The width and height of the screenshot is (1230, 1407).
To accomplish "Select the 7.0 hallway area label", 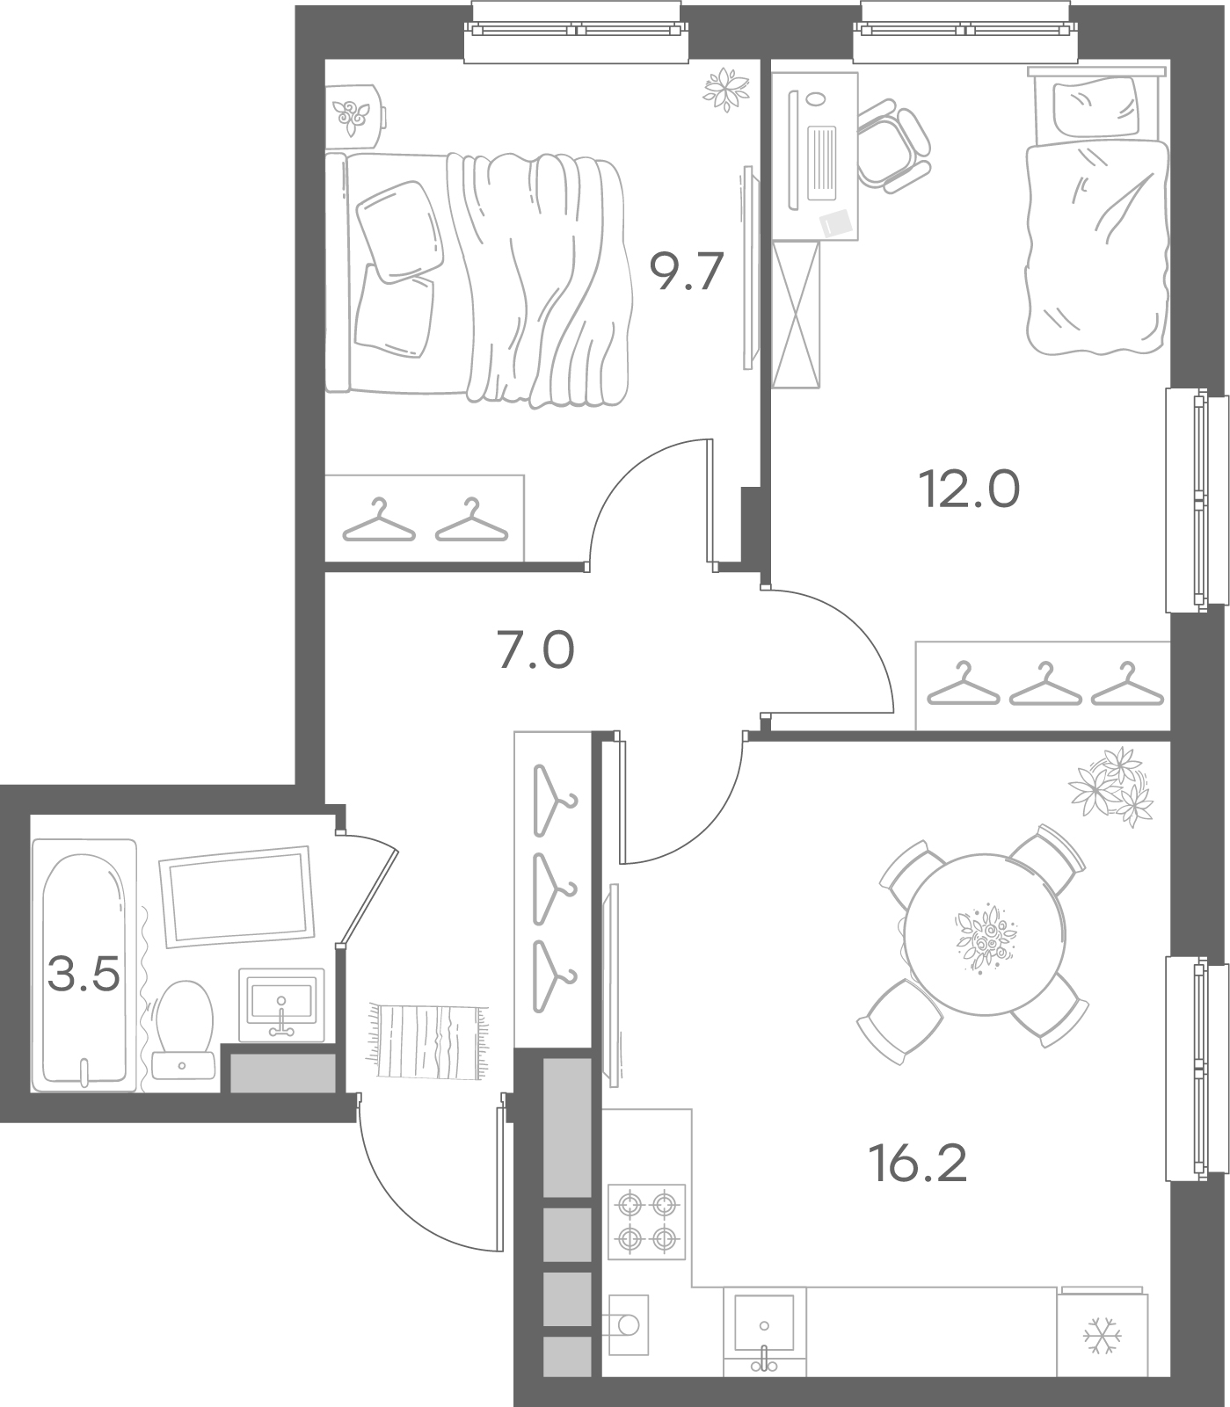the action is [x=536, y=651].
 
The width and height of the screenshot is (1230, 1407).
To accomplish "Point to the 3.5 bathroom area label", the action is [x=84, y=974].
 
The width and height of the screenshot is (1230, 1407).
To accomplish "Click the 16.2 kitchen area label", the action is [x=917, y=1164].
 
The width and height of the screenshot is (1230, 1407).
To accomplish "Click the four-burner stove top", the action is [x=646, y=1221].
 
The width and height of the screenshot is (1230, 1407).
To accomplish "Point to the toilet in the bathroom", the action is [x=183, y=1029].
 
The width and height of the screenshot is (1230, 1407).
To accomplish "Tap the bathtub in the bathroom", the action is [x=84, y=965].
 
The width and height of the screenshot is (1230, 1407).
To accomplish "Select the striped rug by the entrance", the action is [x=428, y=1041].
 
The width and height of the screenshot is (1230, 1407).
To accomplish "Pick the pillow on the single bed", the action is [x=1094, y=108].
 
